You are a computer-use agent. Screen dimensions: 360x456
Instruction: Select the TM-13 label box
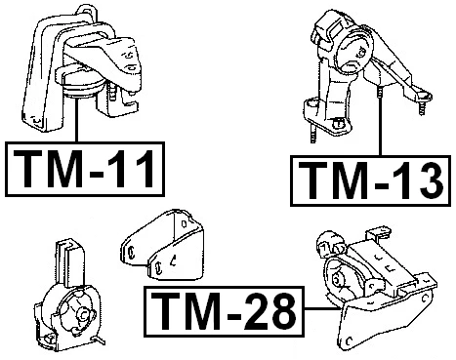point(372,180)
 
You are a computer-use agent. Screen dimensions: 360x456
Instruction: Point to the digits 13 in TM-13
point(411,180)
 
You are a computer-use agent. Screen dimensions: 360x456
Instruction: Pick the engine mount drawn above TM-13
point(360,68)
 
